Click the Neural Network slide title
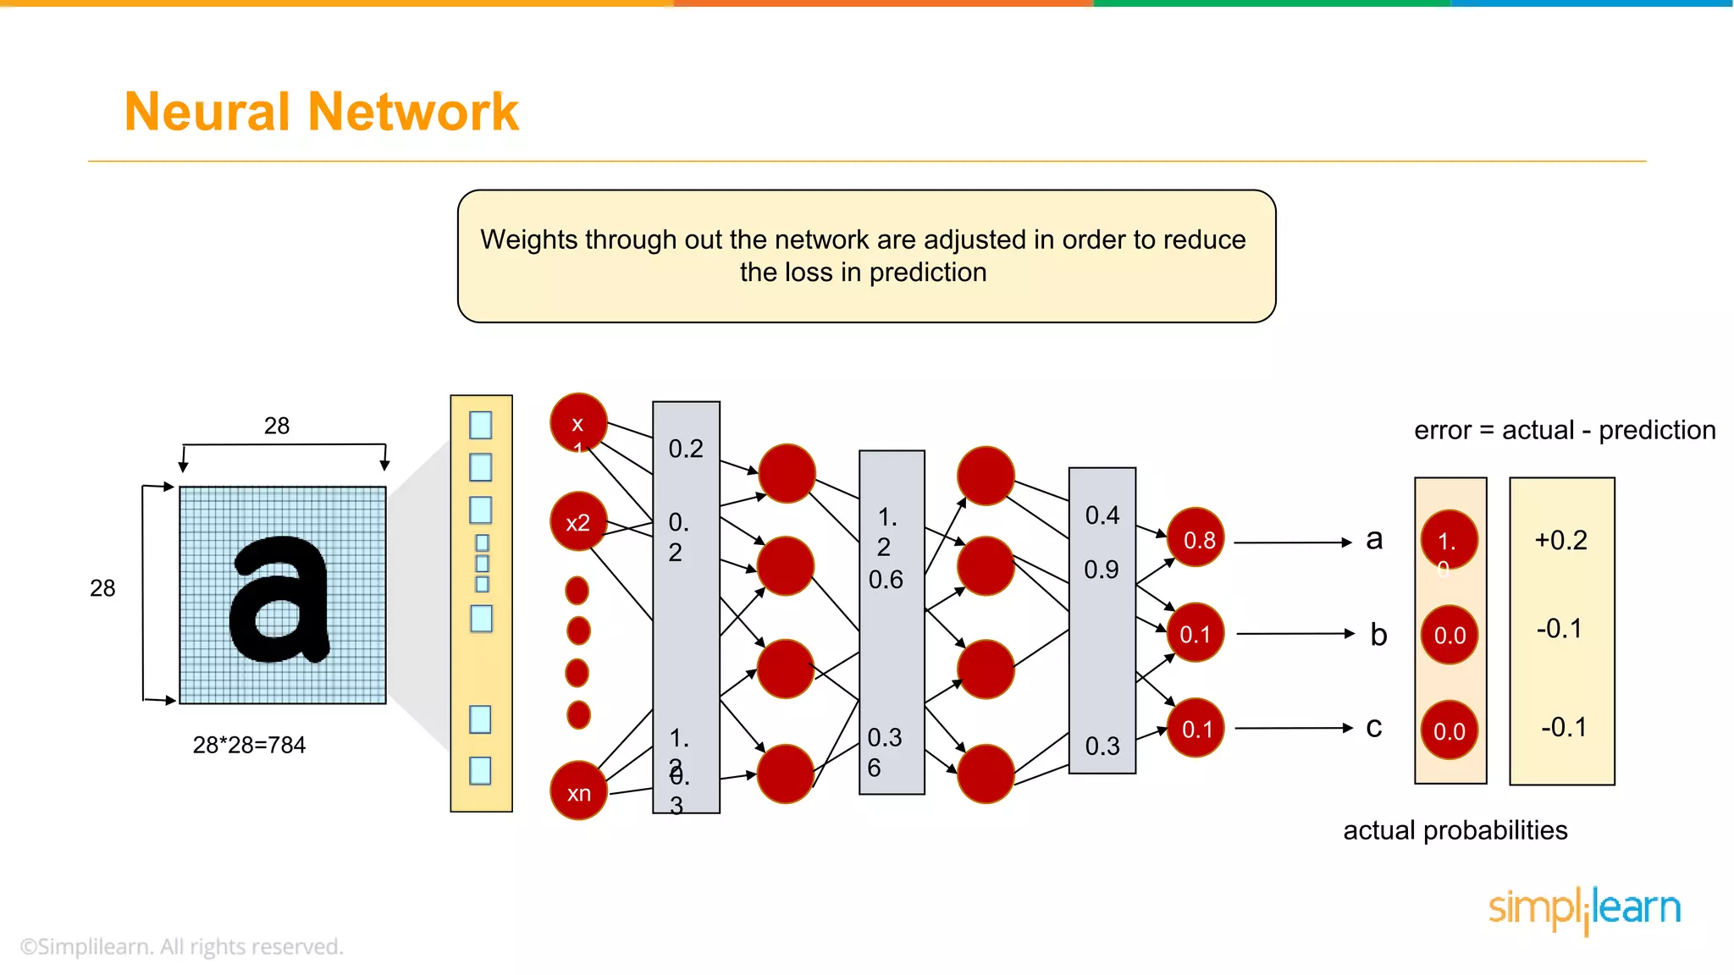(x=321, y=112)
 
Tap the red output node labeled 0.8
(x=1196, y=538)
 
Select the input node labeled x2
(x=578, y=521)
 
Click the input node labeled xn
(x=578, y=791)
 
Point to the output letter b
(x=1378, y=634)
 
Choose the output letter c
(x=1374, y=727)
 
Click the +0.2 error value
(x=1560, y=540)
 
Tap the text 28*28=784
(x=249, y=745)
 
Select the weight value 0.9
(x=1102, y=570)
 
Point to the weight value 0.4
(x=1102, y=515)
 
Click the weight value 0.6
(x=886, y=580)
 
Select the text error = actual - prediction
(x=1564, y=430)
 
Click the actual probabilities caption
(x=1455, y=830)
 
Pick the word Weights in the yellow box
(x=528, y=240)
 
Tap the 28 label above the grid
(x=277, y=426)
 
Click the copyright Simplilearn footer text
(x=182, y=946)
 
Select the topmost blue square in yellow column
(x=480, y=425)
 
